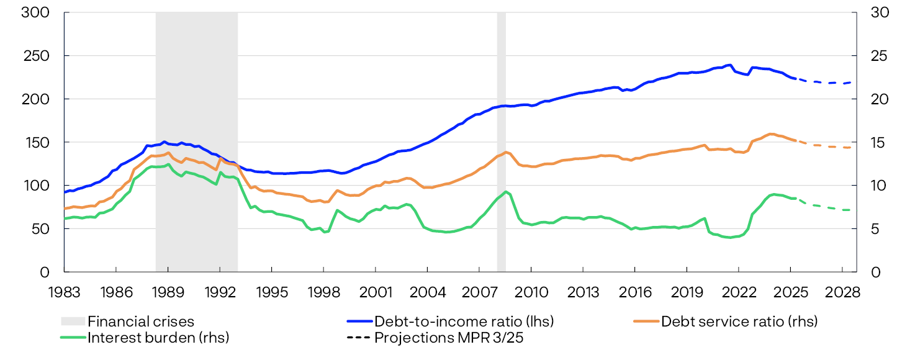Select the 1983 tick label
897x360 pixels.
pyautogui.click(x=64, y=292)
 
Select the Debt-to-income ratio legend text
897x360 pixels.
pyautogui.click(x=464, y=322)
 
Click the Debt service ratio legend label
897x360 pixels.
pyautogui.click(x=739, y=322)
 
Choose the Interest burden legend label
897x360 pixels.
pyautogui.click(x=158, y=338)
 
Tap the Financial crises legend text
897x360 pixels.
pyautogui.click(x=141, y=322)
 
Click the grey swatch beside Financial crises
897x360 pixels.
pyautogui.click(x=72, y=322)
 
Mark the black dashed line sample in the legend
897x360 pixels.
pyautogui.click(x=359, y=338)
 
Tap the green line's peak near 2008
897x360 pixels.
pyautogui.click(x=506, y=192)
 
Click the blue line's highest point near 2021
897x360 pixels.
pyautogui.click(x=730, y=65)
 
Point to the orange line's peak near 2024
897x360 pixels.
pyautogui.click(x=770, y=134)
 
